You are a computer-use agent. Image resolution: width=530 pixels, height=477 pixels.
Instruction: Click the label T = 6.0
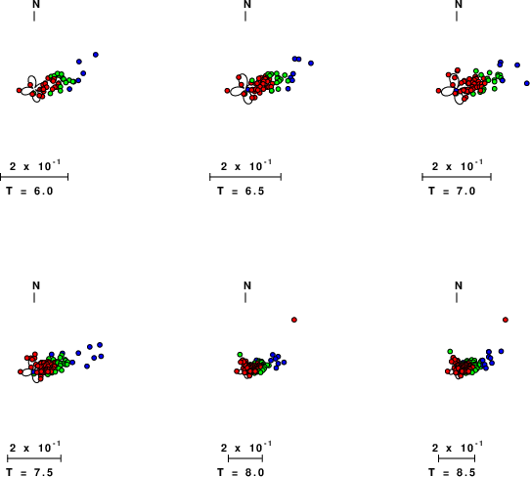pyautogui.click(x=29, y=192)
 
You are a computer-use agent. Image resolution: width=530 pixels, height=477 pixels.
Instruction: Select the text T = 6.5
pyautogui.click(x=241, y=192)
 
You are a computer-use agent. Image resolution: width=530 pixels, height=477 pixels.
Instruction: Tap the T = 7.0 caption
pyautogui.click(x=452, y=192)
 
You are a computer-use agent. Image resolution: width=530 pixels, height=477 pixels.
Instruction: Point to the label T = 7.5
pyautogui.click(x=29, y=472)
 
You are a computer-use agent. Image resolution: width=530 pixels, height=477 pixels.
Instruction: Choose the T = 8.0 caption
pyautogui.click(x=241, y=472)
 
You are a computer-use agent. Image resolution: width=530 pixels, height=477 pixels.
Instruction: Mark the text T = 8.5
pyautogui.click(x=452, y=472)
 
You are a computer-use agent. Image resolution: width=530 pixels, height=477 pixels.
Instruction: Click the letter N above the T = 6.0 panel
pyautogui.click(x=36, y=4)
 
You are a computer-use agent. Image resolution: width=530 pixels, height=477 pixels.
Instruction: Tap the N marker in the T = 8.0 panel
pyautogui.click(x=247, y=285)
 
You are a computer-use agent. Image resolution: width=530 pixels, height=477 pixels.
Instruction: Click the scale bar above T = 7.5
pyautogui.click(x=34, y=458)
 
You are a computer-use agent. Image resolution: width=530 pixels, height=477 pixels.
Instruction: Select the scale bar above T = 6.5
pyautogui.click(x=245, y=177)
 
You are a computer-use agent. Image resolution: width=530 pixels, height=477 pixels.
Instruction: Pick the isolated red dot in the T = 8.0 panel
pyautogui.click(x=294, y=320)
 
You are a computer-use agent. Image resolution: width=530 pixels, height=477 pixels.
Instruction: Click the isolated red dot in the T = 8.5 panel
pyautogui.click(x=506, y=320)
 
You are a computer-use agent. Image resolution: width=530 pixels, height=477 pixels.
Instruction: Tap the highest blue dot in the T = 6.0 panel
pyautogui.click(x=96, y=55)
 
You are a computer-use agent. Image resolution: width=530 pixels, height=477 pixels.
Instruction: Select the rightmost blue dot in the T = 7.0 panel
pyautogui.click(x=527, y=83)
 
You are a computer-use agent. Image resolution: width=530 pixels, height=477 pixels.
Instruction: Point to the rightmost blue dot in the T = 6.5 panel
pyautogui.click(x=311, y=64)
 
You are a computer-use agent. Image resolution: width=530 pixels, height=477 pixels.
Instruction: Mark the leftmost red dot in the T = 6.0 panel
pyautogui.click(x=20, y=90)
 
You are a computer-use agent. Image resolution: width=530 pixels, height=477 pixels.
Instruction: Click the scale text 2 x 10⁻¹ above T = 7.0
pyautogui.click(x=458, y=166)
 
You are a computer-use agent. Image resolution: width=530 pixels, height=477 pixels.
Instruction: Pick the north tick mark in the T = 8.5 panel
pyautogui.click(x=457, y=297)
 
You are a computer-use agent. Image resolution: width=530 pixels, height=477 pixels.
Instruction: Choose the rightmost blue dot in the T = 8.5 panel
pyautogui.click(x=501, y=351)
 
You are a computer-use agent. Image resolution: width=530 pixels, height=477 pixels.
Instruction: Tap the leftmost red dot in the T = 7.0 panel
pyautogui.click(x=438, y=91)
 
